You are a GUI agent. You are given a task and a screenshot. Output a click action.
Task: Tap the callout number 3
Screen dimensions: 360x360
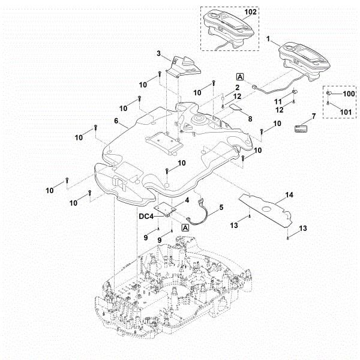coord(158,54)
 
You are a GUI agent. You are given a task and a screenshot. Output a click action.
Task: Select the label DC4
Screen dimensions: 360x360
coord(146,216)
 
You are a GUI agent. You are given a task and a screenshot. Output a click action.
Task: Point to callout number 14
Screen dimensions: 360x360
coord(289,195)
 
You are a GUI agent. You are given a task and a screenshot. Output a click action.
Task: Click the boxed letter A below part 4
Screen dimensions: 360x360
coord(185,228)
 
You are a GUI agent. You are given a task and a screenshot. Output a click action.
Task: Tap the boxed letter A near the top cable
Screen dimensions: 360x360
coord(240,77)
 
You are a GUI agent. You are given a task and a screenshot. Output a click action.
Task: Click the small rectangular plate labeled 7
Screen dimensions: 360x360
coord(301,127)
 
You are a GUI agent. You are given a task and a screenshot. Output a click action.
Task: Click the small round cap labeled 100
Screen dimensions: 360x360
coord(329,94)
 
